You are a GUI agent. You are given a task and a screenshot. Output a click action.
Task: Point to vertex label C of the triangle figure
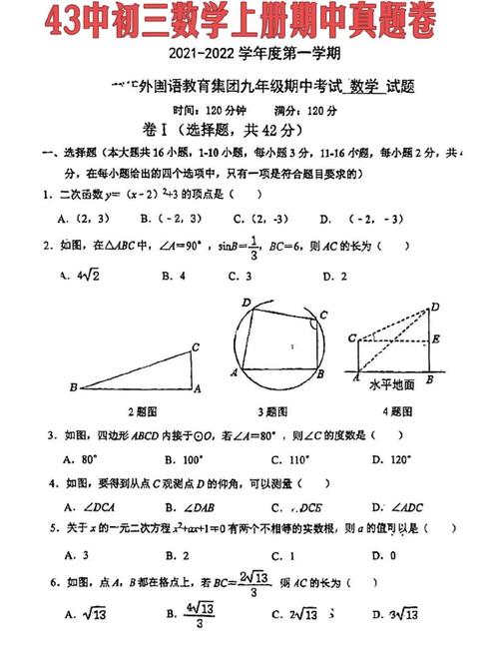[x=196, y=346]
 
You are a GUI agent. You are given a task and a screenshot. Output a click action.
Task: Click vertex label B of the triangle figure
[x=72, y=386]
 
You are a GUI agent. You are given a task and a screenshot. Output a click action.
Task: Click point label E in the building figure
[x=436, y=339]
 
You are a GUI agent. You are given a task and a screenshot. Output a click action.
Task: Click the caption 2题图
[x=144, y=410]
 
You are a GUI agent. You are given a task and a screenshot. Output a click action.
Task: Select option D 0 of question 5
[x=388, y=555]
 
